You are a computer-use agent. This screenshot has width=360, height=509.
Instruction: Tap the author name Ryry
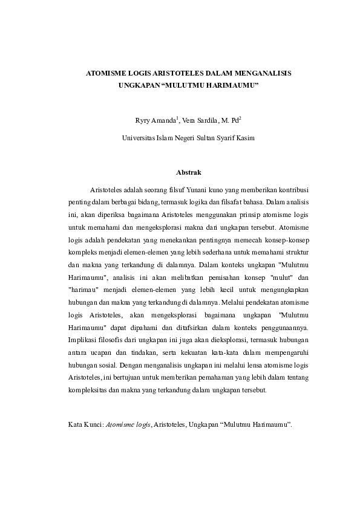pyautogui.click(x=143, y=120)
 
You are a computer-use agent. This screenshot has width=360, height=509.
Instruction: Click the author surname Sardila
pyautogui.click(x=200, y=120)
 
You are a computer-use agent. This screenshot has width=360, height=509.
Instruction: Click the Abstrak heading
pyautogui.click(x=180, y=173)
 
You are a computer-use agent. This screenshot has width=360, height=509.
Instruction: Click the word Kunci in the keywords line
pyautogui.click(x=93, y=425)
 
